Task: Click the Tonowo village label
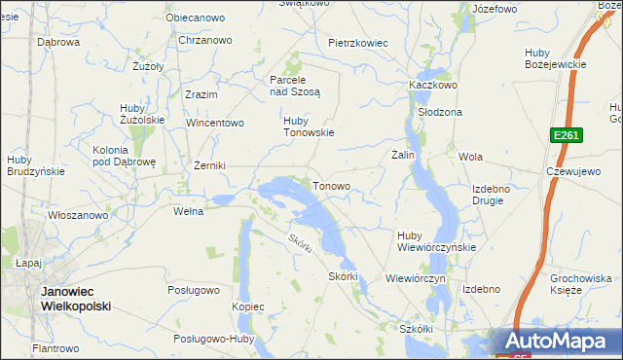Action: tap(331, 185)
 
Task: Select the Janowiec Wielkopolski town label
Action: tap(75, 299)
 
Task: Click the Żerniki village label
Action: tap(210, 165)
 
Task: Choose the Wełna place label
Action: tap(187, 211)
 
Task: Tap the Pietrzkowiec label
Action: tap(358, 43)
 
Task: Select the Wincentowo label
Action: tap(215, 124)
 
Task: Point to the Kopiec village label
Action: tap(248, 306)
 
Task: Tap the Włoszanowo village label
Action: tap(79, 215)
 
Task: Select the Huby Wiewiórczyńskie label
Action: tap(435, 240)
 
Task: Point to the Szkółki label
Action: tap(416, 329)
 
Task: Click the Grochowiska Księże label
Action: tap(579, 283)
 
